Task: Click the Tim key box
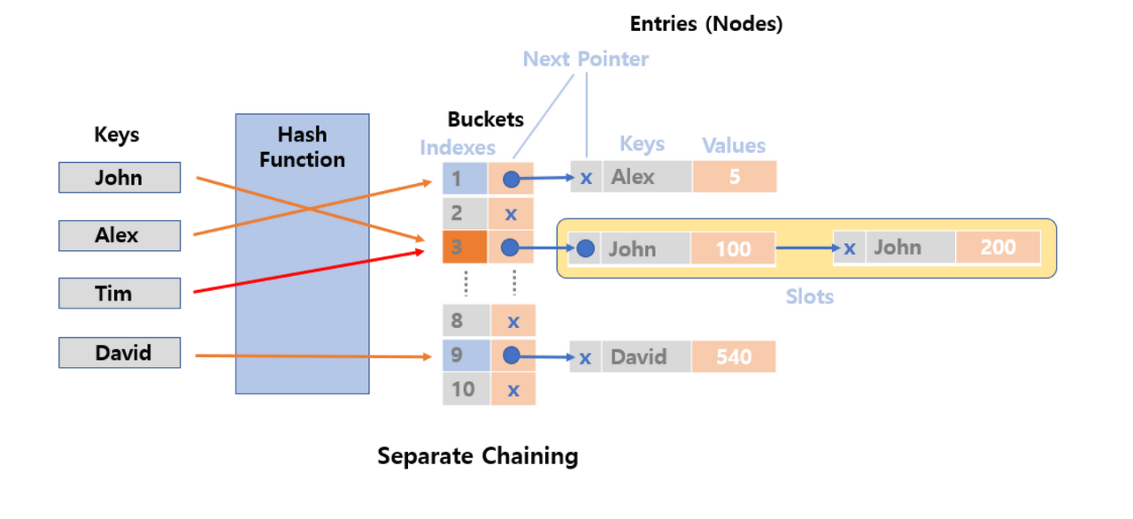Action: tap(119, 294)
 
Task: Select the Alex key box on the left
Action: tap(119, 236)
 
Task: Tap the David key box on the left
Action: tap(119, 353)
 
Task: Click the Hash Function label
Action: tap(302, 148)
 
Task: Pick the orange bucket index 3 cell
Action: tap(465, 248)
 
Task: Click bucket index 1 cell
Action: tap(465, 179)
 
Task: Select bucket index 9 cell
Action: tap(465, 355)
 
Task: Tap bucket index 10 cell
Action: tap(465, 389)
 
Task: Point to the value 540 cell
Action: tap(734, 357)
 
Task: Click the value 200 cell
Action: tap(998, 248)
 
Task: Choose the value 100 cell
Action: tap(733, 248)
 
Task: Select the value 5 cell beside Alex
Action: tap(734, 177)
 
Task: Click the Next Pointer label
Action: tap(585, 59)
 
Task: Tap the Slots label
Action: tap(809, 297)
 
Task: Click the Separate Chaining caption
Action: tap(477, 456)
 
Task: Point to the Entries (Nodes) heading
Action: tap(705, 25)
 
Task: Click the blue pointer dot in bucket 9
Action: tap(511, 355)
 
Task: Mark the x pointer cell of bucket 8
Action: tap(513, 321)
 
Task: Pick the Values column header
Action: tap(734, 146)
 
